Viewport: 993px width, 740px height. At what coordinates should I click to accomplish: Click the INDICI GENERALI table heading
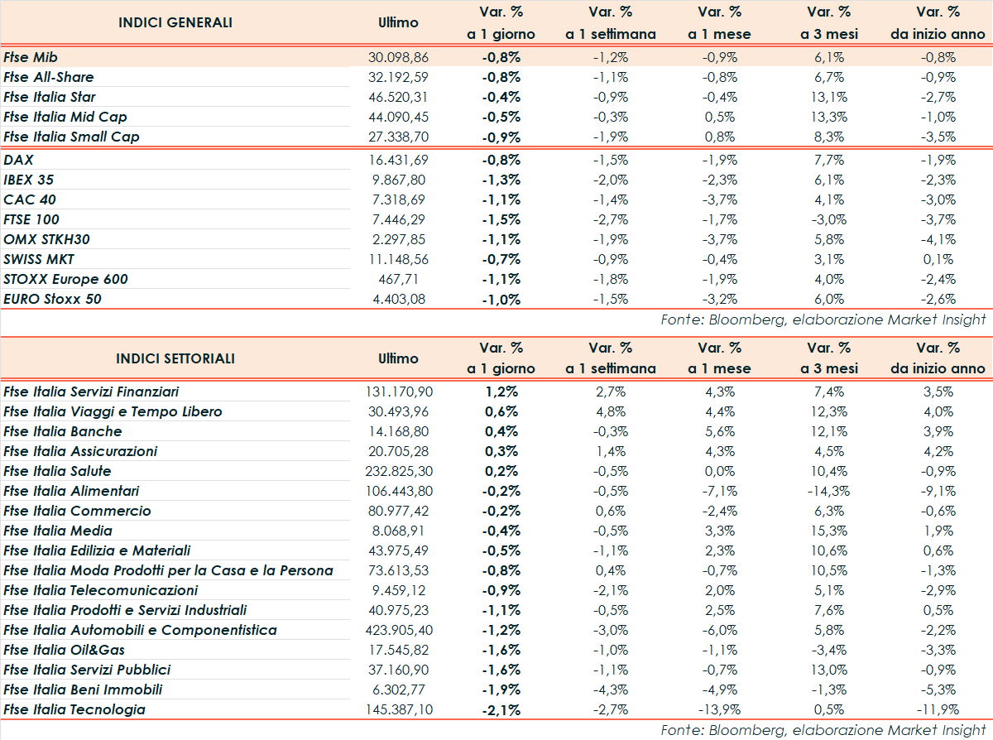(175, 22)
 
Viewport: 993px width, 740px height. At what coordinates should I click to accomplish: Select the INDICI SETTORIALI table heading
(175, 358)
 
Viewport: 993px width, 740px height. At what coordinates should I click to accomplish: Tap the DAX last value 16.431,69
(397, 160)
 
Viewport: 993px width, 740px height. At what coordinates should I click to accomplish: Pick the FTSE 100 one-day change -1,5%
(501, 219)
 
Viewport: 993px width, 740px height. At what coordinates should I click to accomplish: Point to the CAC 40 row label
(30, 199)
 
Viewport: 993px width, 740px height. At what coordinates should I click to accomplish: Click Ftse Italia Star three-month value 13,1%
(828, 97)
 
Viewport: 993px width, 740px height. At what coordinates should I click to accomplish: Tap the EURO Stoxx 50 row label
(52, 299)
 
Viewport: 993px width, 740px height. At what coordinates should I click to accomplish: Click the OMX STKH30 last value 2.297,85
(399, 239)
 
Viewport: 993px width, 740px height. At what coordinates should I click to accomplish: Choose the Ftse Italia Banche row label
(62, 431)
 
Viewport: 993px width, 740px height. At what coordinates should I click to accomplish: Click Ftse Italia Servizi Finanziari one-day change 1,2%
(501, 392)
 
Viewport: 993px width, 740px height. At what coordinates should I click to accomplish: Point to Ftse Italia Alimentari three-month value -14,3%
(828, 491)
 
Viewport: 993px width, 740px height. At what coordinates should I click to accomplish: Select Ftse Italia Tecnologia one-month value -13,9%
(719, 709)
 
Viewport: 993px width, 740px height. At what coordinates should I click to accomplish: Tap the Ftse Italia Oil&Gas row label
(64, 650)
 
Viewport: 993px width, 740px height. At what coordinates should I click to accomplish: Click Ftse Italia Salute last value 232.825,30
(399, 471)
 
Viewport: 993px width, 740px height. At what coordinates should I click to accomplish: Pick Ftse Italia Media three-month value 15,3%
(828, 531)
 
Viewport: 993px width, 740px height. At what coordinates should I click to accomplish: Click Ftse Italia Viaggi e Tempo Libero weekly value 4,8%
(610, 411)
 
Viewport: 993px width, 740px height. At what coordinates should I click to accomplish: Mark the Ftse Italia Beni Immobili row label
(83, 690)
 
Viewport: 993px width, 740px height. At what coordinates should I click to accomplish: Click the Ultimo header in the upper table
(398, 22)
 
